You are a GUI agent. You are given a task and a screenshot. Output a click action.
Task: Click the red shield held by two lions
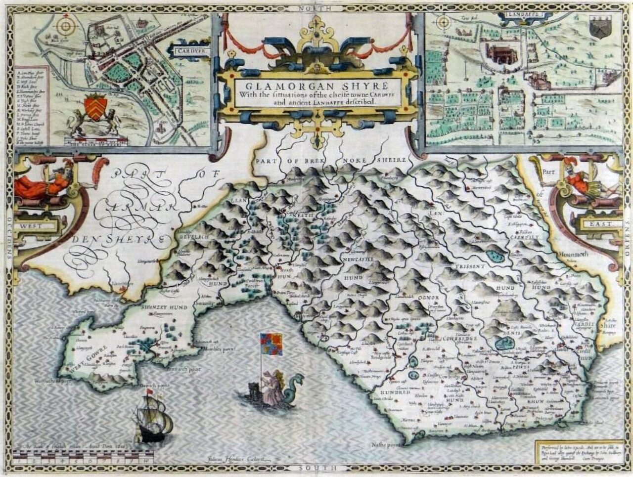[95, 107]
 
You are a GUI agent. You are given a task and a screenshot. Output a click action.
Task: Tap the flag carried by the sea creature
[271, 344]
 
